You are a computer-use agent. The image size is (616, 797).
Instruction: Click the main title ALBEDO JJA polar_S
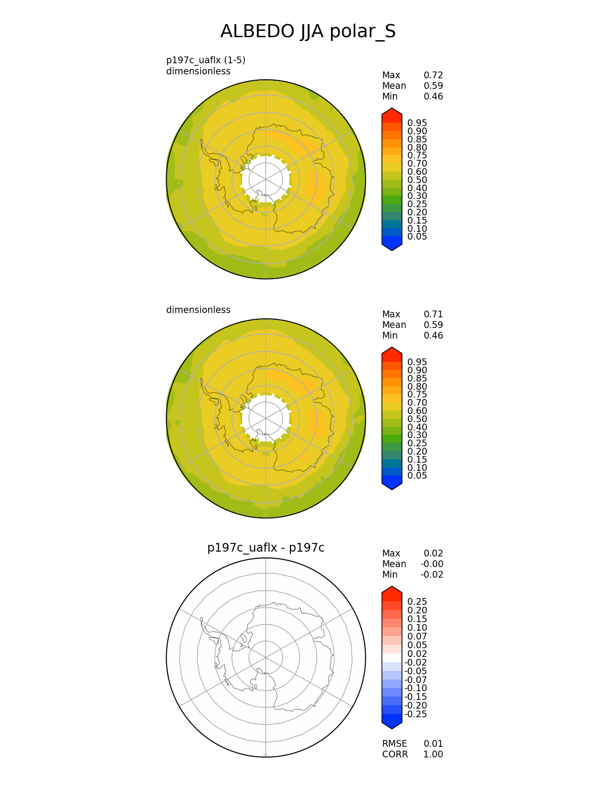pyautogui.click(x=308, y=31)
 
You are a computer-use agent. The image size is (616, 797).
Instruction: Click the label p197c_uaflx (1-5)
pyautogui.click(x=206, y=60)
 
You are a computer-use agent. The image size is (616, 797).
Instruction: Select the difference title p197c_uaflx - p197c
pyautogui.click(x=266, y=548)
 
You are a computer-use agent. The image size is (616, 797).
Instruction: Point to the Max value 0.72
pyautogui.click(x=433, y=75)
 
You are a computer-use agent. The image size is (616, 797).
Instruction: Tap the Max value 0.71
pyautogui.click(x=433, y=314)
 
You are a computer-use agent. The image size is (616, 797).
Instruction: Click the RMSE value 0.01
pyautogui.click(x=433, y=743)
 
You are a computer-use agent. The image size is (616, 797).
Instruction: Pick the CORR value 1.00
pyautogui.click(x=433, y=754)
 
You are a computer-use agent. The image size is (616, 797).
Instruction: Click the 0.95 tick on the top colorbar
pyautogui.click(x=417, y=123)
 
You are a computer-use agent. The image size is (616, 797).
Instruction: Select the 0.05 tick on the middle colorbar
pyautogui.click(x=417, y=476)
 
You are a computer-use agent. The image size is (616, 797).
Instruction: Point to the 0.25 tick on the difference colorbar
pyautogui.click(x=417, y=601)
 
